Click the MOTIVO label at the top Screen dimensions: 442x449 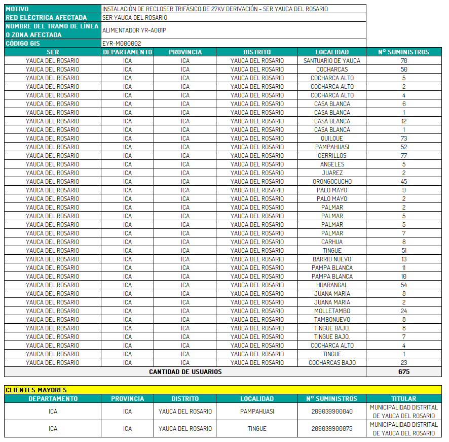17,9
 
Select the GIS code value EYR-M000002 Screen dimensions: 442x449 122,44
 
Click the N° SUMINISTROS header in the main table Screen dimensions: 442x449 404,52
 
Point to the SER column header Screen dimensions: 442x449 53,52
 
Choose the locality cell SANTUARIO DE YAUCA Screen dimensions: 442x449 332,60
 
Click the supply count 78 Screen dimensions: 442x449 404,60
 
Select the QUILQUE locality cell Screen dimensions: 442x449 332,138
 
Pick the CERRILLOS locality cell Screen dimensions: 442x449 332,155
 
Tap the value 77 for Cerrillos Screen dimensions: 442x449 404,155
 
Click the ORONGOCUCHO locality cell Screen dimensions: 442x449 332,181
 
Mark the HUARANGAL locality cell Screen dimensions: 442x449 332,285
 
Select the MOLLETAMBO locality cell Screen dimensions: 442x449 332,311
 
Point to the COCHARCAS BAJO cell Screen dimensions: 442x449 332,362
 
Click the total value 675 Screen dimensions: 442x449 404,371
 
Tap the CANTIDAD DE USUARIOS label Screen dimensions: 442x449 185,371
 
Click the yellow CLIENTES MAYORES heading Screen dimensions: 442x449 36,390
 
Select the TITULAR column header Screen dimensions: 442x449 404,398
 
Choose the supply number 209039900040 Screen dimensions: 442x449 332,411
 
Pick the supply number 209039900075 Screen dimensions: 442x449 332,428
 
